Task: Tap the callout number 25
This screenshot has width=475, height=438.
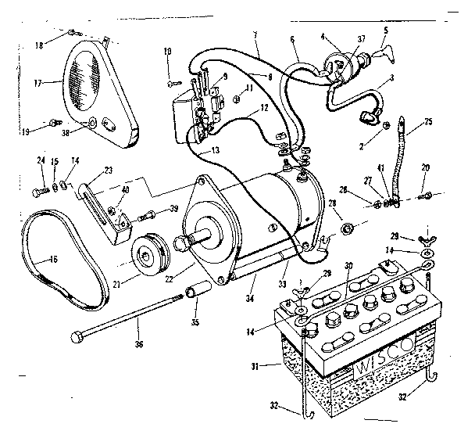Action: coord(427,123)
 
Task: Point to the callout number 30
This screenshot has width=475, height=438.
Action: coord(348,264)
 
